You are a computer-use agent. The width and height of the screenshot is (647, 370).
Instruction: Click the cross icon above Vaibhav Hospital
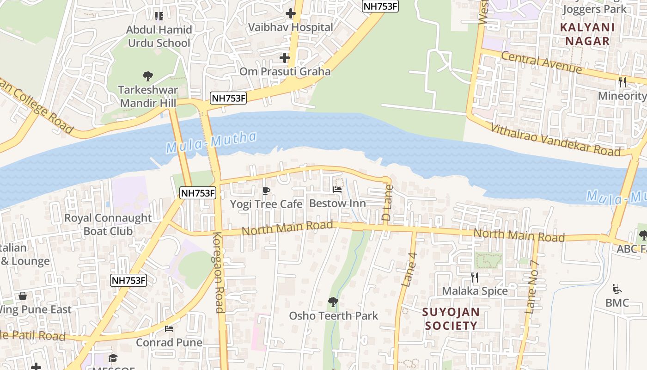tap(290, 13)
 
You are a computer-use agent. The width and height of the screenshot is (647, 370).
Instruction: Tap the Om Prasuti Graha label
tap(285, 71)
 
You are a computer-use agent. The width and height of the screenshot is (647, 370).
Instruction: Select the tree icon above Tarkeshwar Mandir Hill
tap(148, 76)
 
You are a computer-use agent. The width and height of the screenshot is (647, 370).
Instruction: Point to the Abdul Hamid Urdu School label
tap(159, 37)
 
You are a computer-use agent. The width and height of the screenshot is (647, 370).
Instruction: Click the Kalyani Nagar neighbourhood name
tap(587, 34)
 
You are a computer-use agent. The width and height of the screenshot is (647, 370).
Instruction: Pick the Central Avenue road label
tap(541, 62)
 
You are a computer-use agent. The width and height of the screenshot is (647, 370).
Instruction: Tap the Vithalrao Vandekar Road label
tap(555, 140)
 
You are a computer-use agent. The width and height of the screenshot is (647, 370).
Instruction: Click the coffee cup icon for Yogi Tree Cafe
tap(266, 191)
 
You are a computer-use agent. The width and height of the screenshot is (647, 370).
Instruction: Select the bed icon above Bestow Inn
tap(337, 190)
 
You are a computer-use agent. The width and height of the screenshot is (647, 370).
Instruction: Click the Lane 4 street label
tap(409, 270)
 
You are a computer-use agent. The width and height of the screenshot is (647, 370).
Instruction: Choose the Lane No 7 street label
tap(532, 287)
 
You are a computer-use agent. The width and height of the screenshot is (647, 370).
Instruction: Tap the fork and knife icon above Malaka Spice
tap(475, 277)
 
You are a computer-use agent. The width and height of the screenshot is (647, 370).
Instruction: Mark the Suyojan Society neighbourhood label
tap(451, 319)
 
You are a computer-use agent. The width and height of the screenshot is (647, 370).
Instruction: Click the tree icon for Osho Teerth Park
tap(333, 302)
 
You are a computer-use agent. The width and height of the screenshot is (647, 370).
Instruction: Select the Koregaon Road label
tap(218, 273)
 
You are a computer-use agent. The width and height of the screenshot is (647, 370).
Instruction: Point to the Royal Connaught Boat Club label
tap(108, 224)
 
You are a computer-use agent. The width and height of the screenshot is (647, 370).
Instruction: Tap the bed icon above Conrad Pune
tap(169, 329)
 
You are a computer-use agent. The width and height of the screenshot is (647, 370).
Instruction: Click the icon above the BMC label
tap(617, 289)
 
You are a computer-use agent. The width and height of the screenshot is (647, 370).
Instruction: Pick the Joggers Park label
tap(595, 9)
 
